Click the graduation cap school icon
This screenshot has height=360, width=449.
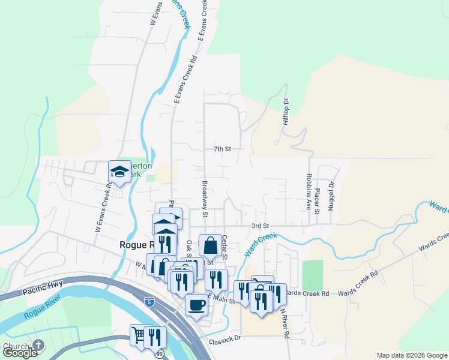[119, 172]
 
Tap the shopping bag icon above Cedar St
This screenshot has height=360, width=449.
[210, 245]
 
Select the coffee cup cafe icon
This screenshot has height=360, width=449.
[196, 305]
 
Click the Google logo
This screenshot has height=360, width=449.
[20, 353]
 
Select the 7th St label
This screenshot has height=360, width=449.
[222, 148]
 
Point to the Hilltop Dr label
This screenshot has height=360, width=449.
[286, 112]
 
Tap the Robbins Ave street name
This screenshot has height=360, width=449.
[309, 193]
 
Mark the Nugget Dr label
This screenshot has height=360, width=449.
[330, 197]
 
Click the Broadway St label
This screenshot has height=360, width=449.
[205, 199]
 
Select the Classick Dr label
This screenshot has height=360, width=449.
[224, 341]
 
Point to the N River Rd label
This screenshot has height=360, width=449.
[287, 326]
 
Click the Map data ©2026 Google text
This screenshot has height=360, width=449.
[411, 355]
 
